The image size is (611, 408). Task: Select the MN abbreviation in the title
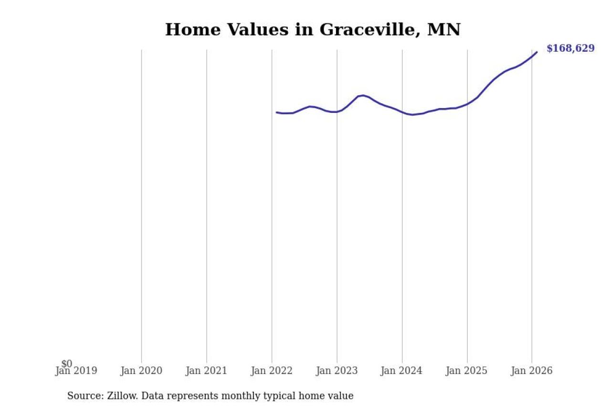tap(444, 30)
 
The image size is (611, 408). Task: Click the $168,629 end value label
tap(570, 48)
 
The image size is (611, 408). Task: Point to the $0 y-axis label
tap(67, 364)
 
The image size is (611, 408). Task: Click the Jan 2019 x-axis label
tap(76, 371)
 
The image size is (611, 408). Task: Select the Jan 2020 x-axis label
tap(141, 371)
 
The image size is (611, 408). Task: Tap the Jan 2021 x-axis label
tap(206, 371)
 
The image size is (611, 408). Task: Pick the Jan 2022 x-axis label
tap(272, 371)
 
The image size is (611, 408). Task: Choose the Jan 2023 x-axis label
tap(337, 371)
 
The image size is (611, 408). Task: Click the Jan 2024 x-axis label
tap(401, 371)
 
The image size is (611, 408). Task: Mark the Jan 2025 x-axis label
tap(466, 371)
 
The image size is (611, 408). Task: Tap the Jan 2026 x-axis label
tap(531, 371)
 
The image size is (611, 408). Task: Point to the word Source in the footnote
tap(83, 396)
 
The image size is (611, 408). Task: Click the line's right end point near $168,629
tap(537, 52)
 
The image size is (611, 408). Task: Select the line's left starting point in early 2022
tap(276, 112)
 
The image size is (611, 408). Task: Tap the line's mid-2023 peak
tap(363, 95)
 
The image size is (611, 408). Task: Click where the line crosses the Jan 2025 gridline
tap(467, 104)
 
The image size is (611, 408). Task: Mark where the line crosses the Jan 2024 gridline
tap(402, 112)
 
